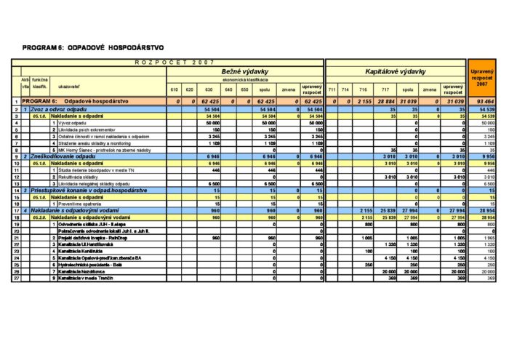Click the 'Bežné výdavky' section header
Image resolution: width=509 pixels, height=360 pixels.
(245, 72)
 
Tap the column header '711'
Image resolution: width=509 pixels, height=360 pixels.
(331, 90)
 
